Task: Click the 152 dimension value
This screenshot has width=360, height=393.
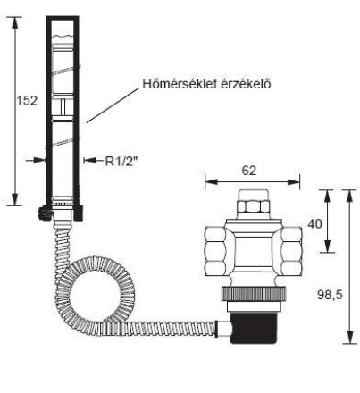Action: [x=27, y=101]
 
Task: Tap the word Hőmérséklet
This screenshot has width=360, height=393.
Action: [x=180, y=84]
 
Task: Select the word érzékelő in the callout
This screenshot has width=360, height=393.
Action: [x=246, y=84]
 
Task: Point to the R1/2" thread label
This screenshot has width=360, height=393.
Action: [x=121, y=161]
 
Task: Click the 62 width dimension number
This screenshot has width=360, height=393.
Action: [x=249, y=171]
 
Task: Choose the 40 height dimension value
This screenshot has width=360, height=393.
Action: [x=314, y=223]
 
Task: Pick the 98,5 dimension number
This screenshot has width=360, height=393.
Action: [x=330, y=295]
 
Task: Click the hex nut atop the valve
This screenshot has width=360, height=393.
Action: [x=253, y=206]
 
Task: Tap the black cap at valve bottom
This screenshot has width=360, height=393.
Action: [x=253, y=328]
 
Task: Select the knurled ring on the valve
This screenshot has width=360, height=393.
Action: [x=253, y=294]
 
